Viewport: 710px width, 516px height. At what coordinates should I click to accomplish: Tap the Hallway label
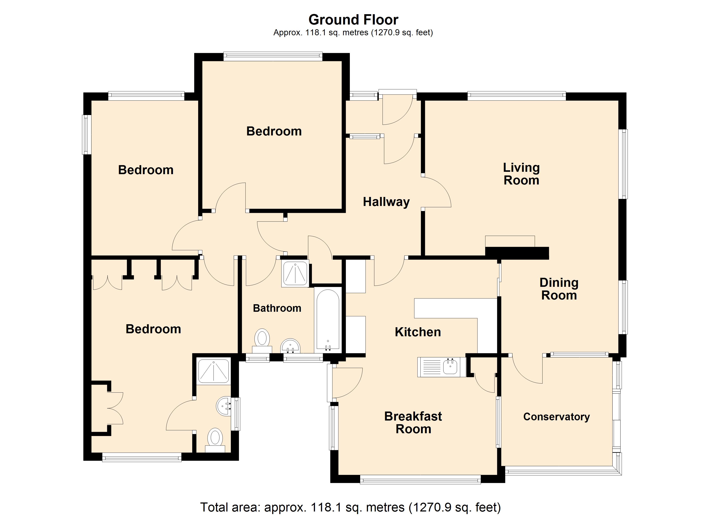coord(386,202)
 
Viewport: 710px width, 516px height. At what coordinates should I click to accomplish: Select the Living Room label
coord(521,174)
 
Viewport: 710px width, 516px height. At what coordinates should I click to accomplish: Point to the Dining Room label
coord(559,289)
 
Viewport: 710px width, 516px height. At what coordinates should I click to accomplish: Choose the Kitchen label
coord(418,332)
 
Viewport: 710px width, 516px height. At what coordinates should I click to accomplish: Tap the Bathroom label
coord(277,308)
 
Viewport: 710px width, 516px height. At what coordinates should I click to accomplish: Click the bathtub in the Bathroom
coord(328,319)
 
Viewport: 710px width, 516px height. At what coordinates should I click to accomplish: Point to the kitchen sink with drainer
coord(442,367)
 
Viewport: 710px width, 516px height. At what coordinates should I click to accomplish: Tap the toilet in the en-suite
coord(215,440)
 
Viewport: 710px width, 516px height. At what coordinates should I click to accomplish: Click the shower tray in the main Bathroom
coord(295,274)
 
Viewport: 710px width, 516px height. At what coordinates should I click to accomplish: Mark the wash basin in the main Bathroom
coord(290,346)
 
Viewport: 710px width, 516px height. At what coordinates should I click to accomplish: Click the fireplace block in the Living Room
coord(517,253)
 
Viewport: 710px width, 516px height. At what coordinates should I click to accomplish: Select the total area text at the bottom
coord(350,507)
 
